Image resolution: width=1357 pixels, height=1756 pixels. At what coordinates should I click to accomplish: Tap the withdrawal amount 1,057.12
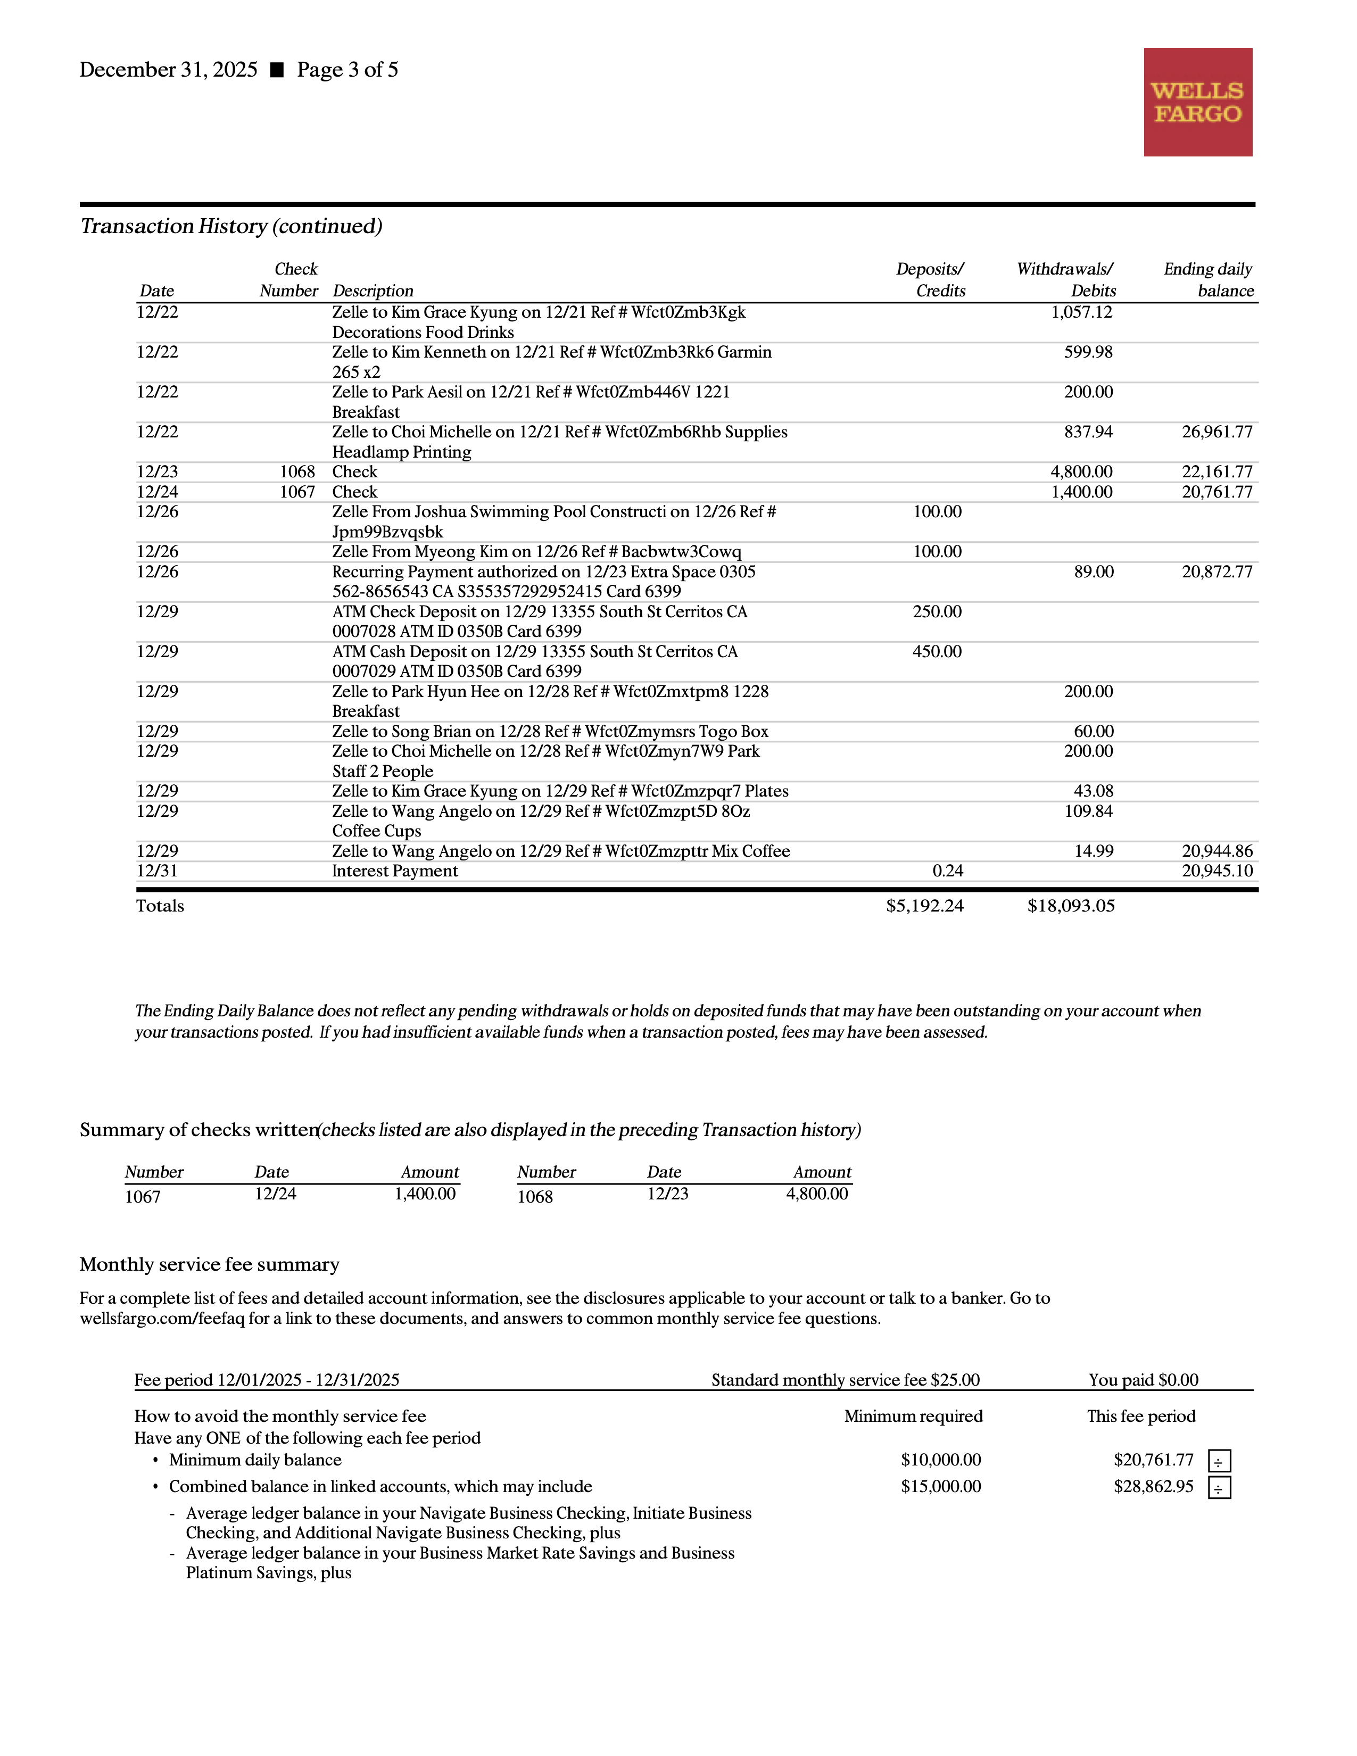(1081, 312)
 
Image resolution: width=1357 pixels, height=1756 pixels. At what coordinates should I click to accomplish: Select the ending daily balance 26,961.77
(1217, 432)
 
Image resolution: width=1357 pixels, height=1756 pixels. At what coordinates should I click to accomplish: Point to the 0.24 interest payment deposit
(947, 871)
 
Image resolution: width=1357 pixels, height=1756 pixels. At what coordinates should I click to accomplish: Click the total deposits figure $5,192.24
(924, 906)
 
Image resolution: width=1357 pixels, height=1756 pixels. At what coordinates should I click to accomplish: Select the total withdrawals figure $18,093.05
(1071, 906)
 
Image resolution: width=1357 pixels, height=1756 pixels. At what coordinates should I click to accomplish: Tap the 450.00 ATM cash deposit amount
(937, 651)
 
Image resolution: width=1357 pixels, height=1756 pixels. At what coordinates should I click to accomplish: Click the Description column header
(373, 291)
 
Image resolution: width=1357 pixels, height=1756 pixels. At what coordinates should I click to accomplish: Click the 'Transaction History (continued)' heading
(231, 226)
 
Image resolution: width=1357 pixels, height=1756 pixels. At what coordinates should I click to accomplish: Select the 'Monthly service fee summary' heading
(210, 1265)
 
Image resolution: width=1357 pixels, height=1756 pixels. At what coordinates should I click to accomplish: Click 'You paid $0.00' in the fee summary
(1143, 1380)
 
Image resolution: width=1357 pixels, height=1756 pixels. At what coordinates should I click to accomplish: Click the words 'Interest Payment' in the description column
(395, 871)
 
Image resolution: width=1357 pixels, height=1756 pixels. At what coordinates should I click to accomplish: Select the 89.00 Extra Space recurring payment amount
(1094, 571)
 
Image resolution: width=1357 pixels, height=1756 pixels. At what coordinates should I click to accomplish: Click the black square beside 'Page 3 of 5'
(277, 70)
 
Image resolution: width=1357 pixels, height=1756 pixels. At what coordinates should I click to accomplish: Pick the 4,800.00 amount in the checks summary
(817, 1194)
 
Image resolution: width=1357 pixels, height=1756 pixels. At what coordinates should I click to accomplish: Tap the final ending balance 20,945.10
(1217, 871)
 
